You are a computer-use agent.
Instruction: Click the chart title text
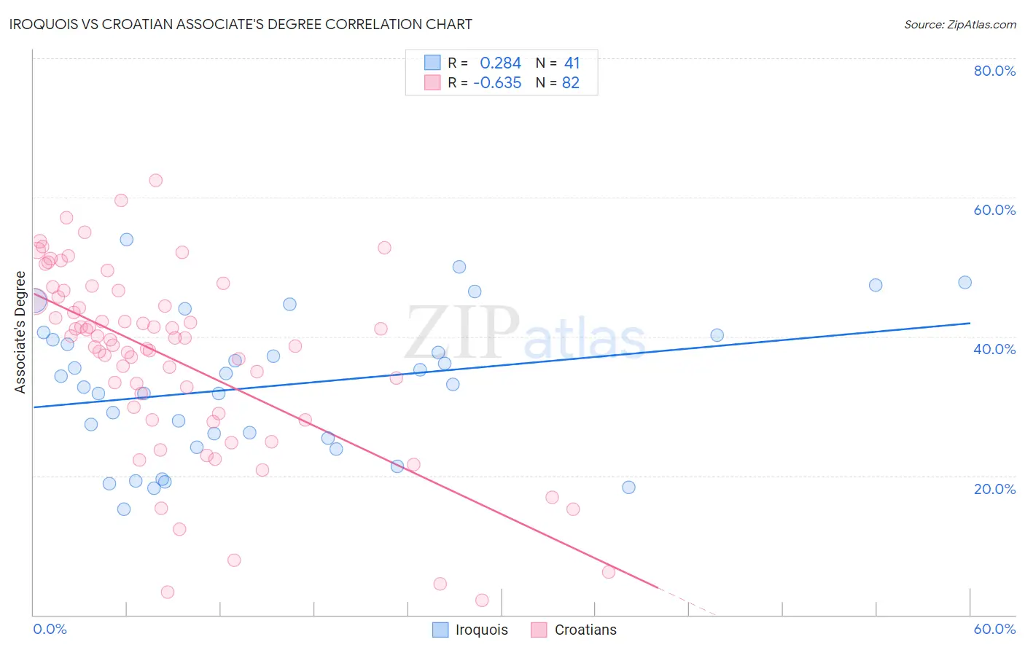(x=241, y=24)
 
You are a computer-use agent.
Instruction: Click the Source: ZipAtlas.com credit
(x=959, y=24)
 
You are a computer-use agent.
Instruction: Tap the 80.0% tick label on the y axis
(x=994, y=71)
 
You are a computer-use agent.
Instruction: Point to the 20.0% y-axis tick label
(x=994, y=488)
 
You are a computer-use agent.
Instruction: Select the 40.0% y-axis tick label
(x=994, y=349)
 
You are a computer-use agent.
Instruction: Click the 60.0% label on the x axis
(x=994, y=629)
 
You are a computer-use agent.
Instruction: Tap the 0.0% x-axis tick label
(x=50, y=629)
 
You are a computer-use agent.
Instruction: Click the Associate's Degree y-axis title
(x=20, y=332)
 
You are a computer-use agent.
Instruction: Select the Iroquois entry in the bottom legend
(x=470, y=630)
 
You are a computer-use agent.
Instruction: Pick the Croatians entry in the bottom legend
(x=574, y=630)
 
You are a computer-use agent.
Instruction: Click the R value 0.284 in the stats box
(x=500, y=63)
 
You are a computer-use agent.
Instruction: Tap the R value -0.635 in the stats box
(x=497, y=83)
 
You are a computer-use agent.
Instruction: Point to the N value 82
(x=570, y=83)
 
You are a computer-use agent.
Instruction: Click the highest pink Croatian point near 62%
(x=155, y=180)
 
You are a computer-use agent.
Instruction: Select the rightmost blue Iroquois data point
(x=964, y=282)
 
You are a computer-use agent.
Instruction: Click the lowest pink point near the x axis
(x=482, y=600)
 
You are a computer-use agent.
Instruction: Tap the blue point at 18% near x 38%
(x=628, y=487)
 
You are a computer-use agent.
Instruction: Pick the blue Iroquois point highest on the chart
(x=127, y=239)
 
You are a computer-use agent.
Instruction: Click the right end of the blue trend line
(x=970, y=323)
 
